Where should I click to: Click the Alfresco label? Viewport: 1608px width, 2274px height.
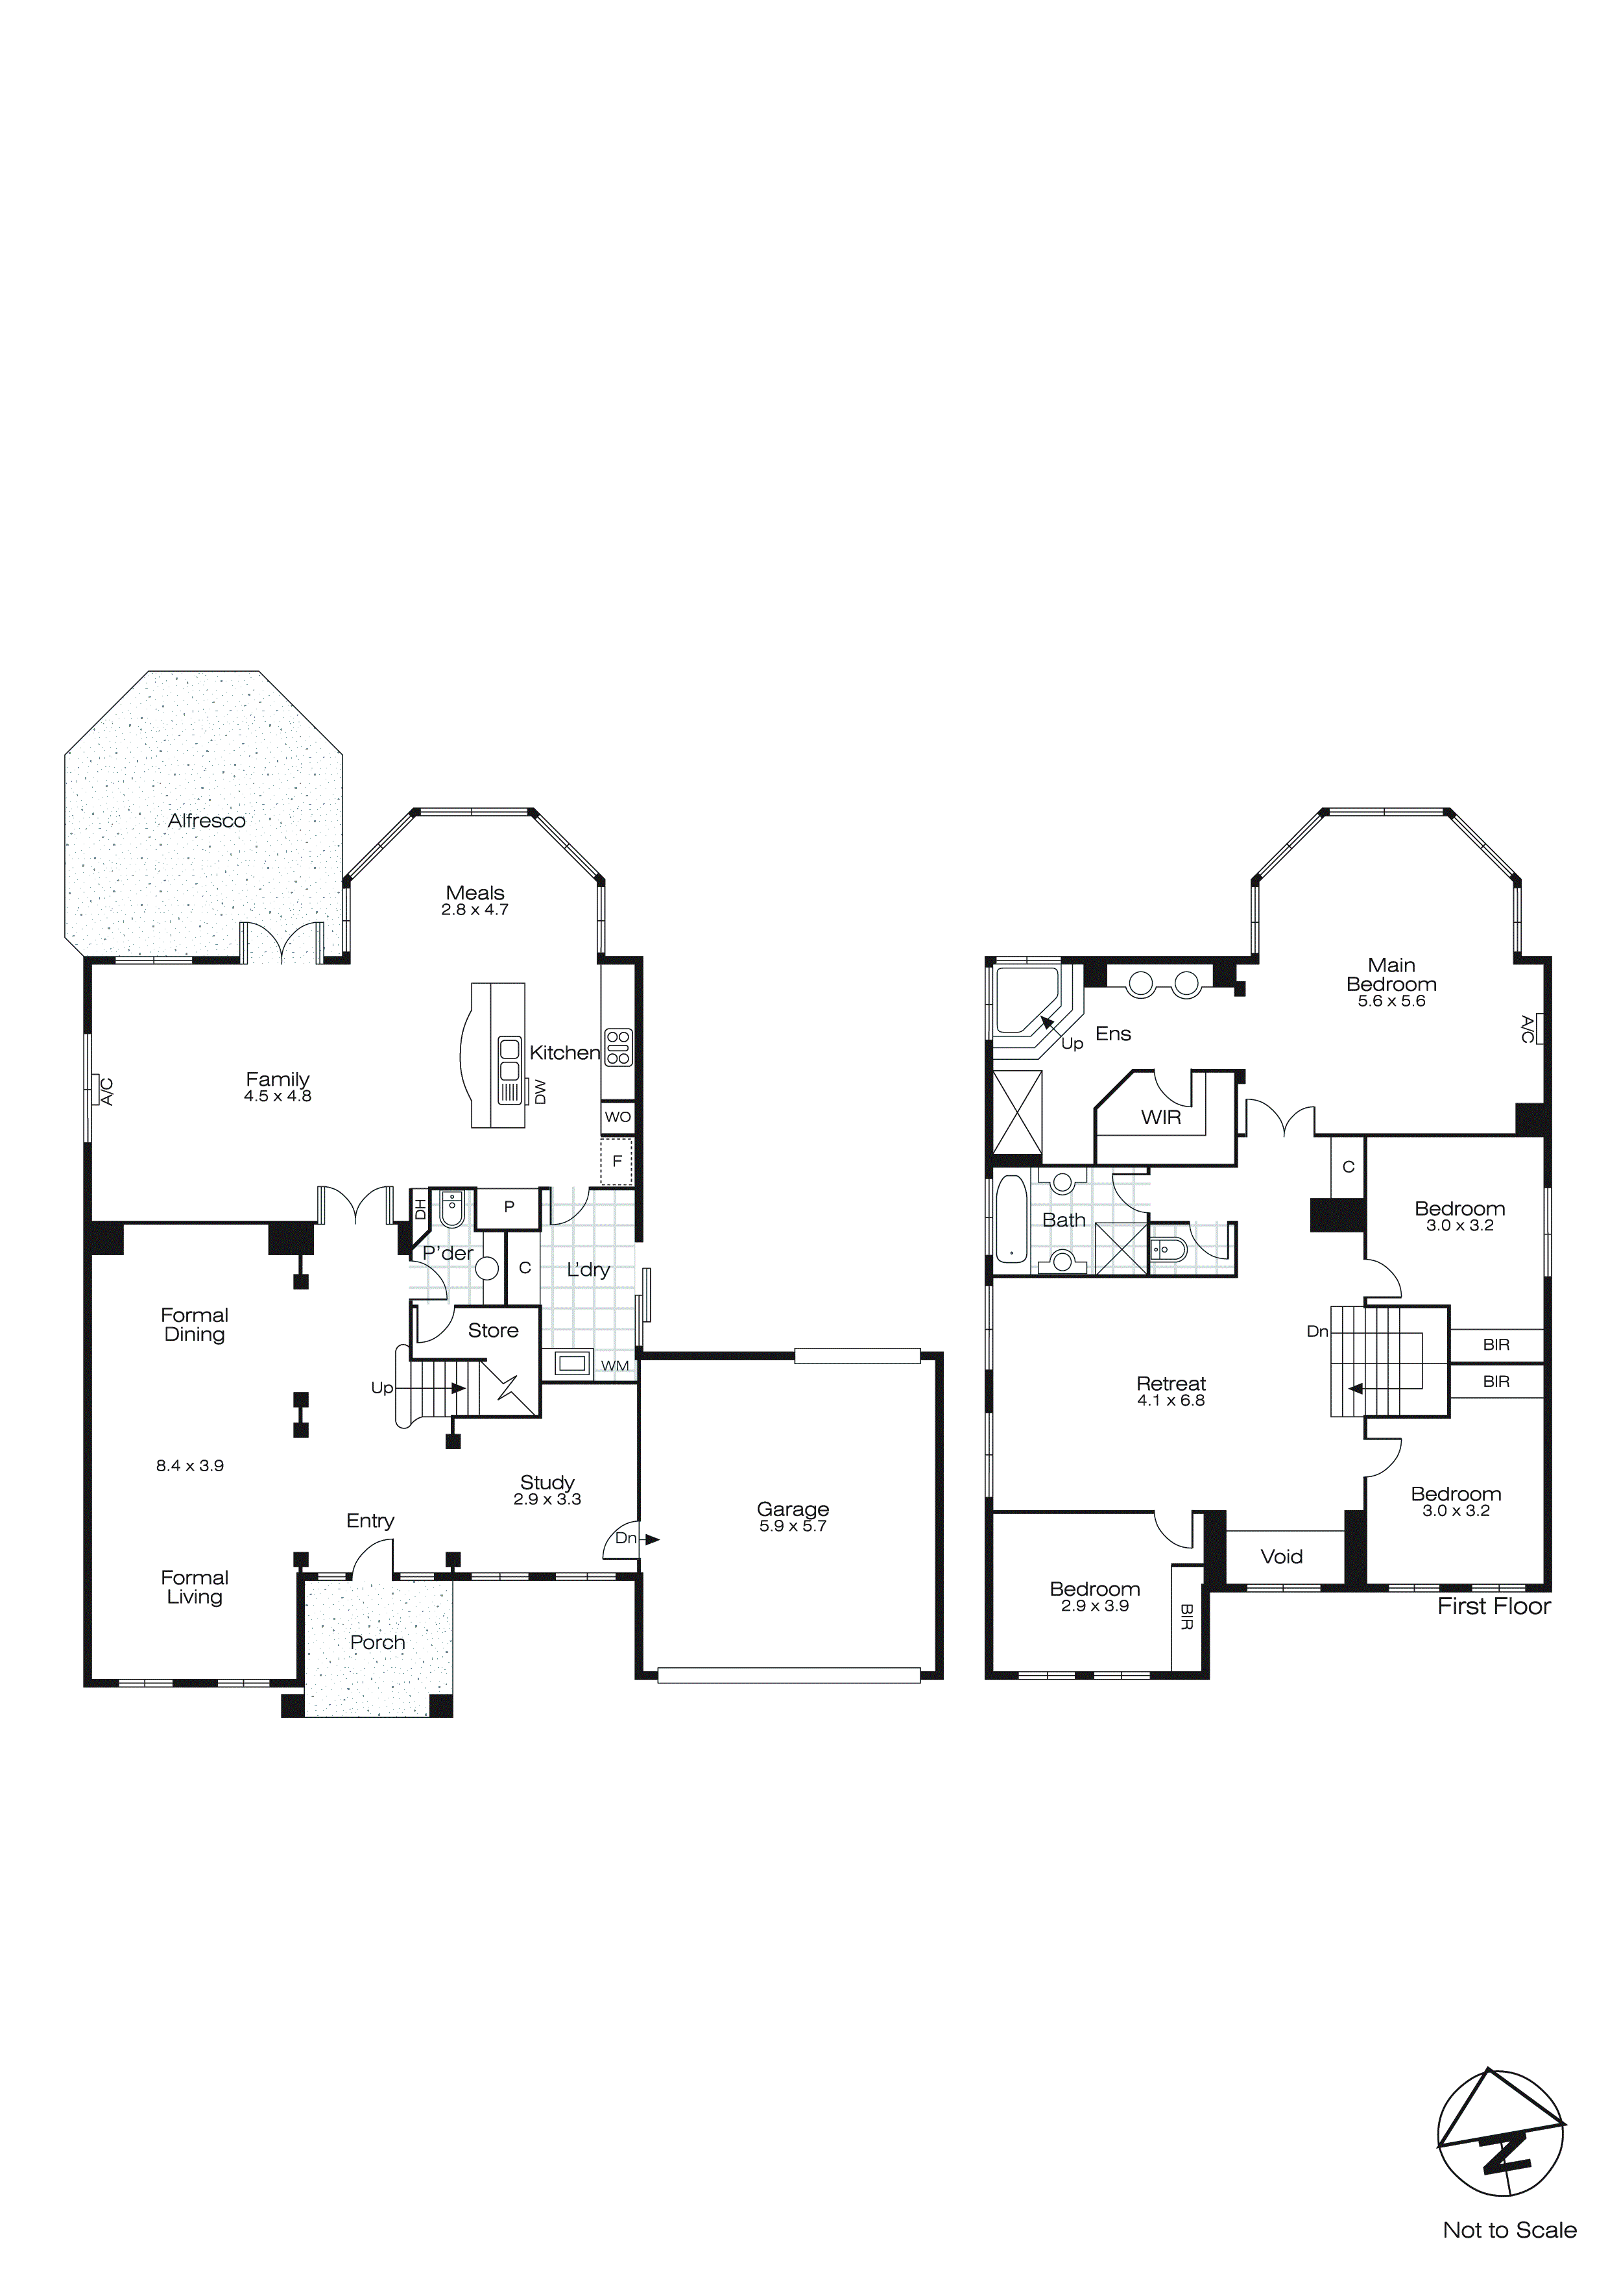click(x=206, y=820)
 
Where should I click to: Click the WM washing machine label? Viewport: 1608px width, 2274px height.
click(x=615, y=1366)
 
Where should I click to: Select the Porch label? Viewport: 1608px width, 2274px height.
click(x=378, y=1642)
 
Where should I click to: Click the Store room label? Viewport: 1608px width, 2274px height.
click(x=493, y=1330)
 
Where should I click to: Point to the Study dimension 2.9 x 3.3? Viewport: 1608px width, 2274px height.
click(x=547, y=1500)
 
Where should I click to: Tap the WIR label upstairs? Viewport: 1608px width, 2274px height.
click(x=1160, y=1117)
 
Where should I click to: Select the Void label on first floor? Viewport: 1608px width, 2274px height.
click(x=1281, y=1557)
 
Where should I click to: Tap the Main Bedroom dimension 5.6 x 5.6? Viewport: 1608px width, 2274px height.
click(x=1391, y=1001)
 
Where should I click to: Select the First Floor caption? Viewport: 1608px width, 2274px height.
click(x=1493, y=1606)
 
